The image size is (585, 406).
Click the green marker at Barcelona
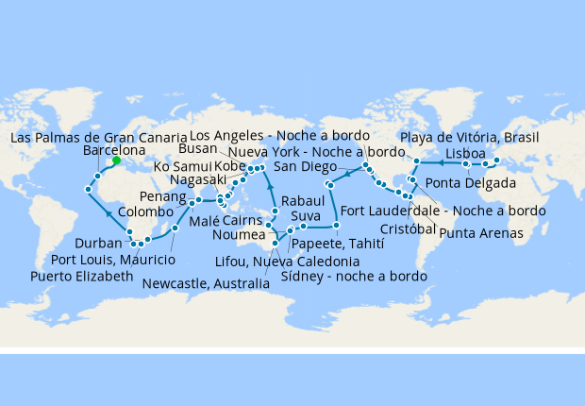116,161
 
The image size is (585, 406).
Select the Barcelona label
114,150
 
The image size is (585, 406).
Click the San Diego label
304,166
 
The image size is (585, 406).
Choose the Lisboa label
466,153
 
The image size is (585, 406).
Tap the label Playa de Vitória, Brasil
469,137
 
